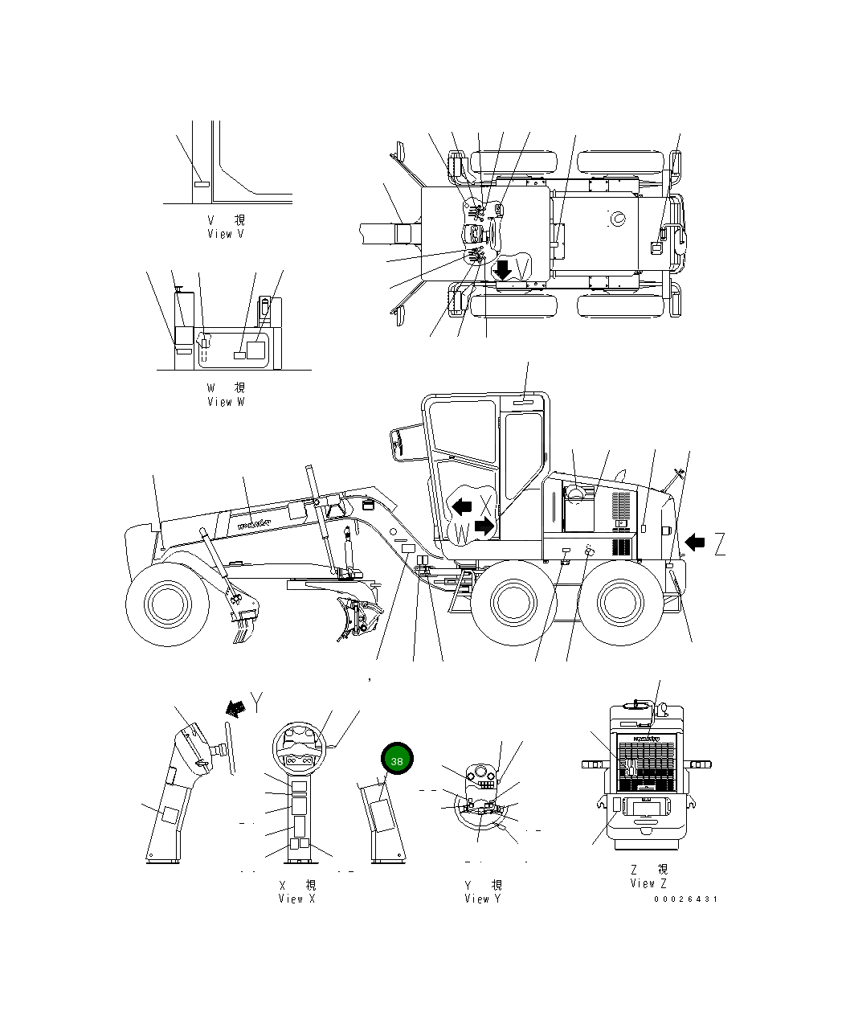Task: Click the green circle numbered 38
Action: coord(396,760)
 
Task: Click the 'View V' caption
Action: coord(226,234)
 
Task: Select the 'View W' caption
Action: coord(226,401)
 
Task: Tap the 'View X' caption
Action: coord(296,899)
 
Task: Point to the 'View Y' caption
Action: coord(482,899)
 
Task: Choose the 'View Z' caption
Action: coord(648,883)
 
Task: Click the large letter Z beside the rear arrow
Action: coord(719,544)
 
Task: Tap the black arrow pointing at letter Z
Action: coord(694,544)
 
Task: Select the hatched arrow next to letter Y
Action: coord(235,707)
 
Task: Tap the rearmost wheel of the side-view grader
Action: coord(622,602)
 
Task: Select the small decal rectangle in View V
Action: coord(201,184)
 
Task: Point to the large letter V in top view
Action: coord(523,266)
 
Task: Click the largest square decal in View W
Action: coord(255,350)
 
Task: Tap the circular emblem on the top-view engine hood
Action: coord(617,219)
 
